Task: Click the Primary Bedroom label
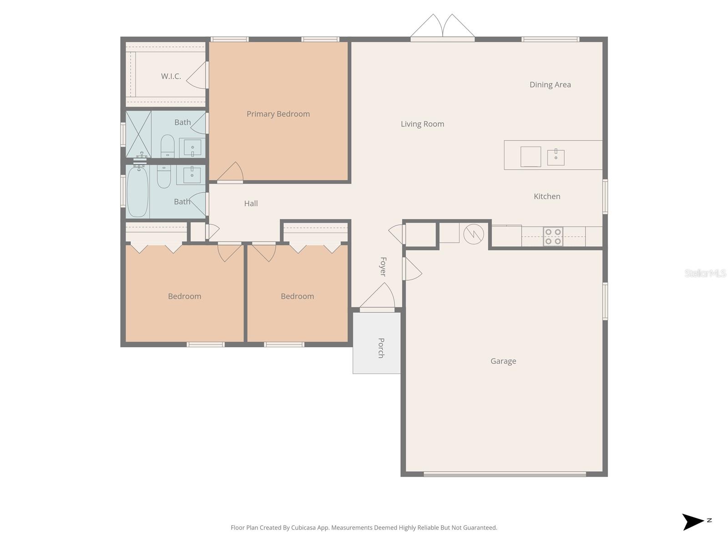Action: coord(278,114)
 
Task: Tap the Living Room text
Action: coord(422,124)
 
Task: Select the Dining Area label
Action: coord(550,85)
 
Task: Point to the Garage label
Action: coord(503,361)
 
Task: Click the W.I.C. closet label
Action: coord(171,76)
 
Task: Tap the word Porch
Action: coord(381,348)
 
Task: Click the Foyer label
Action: coord(383,267)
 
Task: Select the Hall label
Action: coord(251,203)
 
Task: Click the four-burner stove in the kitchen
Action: coord(553,237)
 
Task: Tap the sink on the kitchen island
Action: coord(556,157)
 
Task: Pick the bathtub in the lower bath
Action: coord(138,192)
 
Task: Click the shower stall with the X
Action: coord(138,134)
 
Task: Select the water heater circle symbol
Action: coord(473,234)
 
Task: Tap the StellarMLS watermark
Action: coord(705,273)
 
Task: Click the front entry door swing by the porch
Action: coord(378,297)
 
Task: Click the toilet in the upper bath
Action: coord(167,146)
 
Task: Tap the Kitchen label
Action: coord(547,196)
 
